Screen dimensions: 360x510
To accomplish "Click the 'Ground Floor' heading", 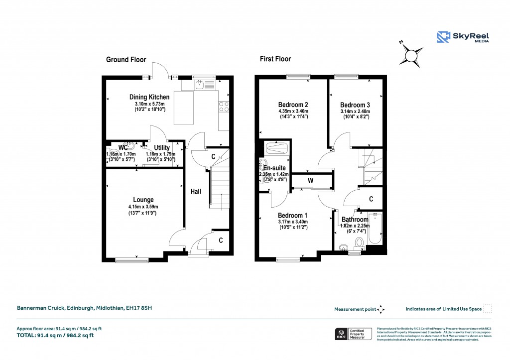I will [126, 60].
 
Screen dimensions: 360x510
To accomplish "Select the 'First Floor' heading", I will [275, 59].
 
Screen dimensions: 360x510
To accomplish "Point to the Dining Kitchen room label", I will [149, 97].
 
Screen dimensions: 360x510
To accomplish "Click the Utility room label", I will [162, 148].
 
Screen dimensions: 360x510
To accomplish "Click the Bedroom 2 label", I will [293, 105].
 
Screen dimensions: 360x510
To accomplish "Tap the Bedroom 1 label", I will [293, 216].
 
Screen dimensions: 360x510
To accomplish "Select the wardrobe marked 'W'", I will [310, 180].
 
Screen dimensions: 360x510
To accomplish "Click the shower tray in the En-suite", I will [275, 148].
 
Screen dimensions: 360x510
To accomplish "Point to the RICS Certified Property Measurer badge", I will [353, 334].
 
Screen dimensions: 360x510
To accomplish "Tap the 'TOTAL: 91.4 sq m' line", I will [55, 335].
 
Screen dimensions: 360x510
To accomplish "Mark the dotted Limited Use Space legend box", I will [488, 309].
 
